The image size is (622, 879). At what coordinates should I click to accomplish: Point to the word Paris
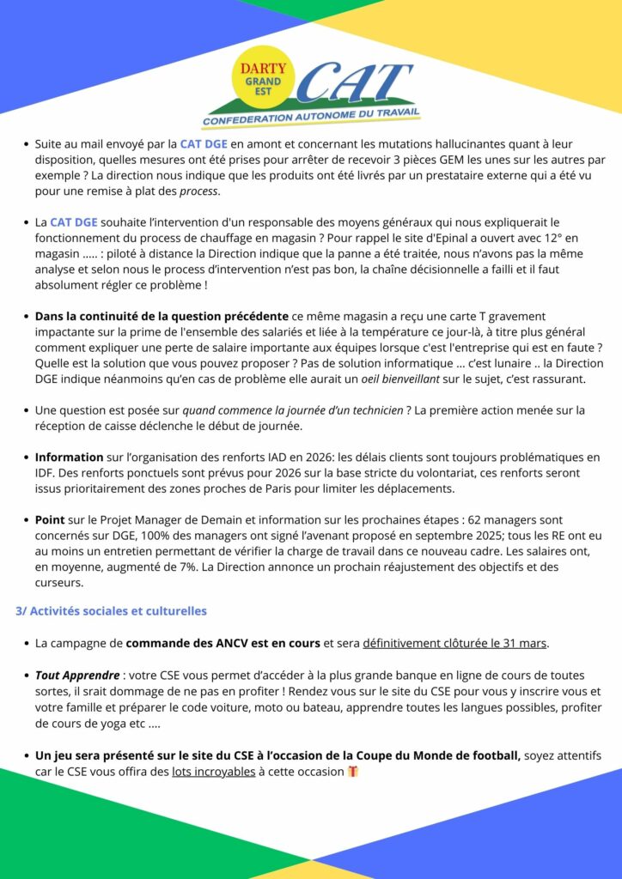point(308,489)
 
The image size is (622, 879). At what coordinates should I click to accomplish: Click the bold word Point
point(51,520)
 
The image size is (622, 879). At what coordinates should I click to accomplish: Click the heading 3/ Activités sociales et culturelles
point(112,611)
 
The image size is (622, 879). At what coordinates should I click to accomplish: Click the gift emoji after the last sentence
point(352,771)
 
